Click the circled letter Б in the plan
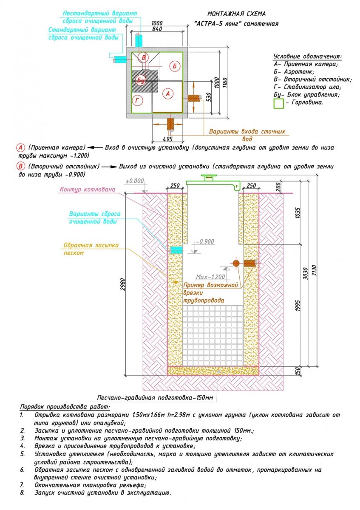coord(174,66)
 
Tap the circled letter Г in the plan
coord(138,100)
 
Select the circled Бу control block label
coord(141,80)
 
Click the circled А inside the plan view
coord(168,93)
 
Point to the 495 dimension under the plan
coord(167,139)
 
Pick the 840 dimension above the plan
coord(157,29)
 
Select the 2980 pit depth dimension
coord(123,284)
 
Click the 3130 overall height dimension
coord(314,270)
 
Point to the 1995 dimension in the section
coord(298,306)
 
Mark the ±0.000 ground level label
coord(135,181)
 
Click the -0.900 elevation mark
coord(205,241)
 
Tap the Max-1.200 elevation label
coord(210,277)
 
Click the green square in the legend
coord(278,103)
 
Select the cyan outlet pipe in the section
coord(176,250)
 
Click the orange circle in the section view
coord(236,263)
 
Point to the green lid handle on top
coord(209,176)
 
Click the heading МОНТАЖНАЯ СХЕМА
coord(236,14)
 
